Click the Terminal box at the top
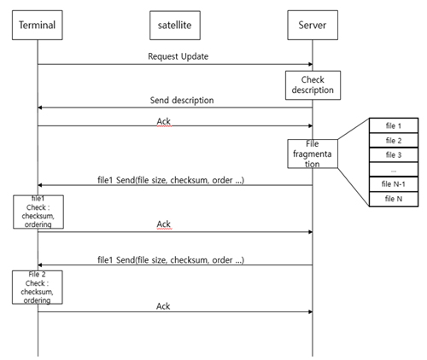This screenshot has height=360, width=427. tap(38, 25)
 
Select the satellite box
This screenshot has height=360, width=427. tap(175, 25)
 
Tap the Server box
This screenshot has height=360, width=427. tap(313, 25)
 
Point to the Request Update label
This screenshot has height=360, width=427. tap(178, 56)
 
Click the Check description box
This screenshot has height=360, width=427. tap(313, 85)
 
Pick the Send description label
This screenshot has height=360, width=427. tap(182, 100)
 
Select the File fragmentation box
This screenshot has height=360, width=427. tap(313, 154)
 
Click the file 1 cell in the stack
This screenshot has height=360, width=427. tap(394, 125)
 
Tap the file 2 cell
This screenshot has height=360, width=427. tap(394, 140)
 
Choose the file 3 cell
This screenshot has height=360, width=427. tap(394, 154)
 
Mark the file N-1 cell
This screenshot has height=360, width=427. tap(394, 184)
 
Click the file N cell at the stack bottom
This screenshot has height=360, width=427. tap(394, 199)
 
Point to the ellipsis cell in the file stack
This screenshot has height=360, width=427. tap(394, 170)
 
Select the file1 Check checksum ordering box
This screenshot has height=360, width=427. tap(38, 212)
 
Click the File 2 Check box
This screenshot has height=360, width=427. tap(38, 287)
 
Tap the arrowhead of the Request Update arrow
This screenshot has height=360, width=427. tap(311, 64)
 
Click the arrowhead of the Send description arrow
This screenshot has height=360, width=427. tap(40, 107)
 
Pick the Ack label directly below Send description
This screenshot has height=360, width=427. tap(164, 121)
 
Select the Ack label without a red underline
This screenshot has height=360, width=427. tap(163, 306)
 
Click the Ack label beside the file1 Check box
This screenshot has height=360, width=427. tap(164, 224)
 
